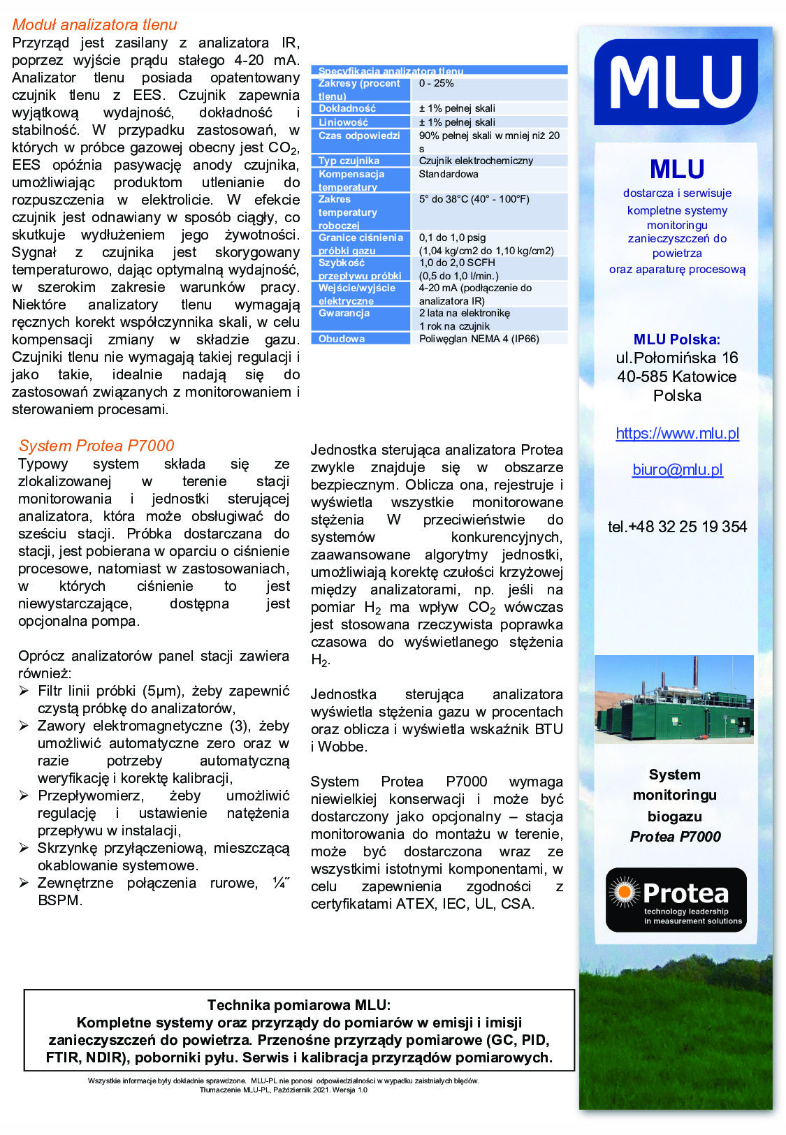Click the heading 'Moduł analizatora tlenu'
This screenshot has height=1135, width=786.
coord(94,25)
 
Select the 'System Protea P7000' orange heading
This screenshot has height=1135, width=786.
coord(96,446)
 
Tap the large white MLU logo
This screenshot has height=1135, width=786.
coord(676,82)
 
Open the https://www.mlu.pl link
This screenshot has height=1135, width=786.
coord(677,433)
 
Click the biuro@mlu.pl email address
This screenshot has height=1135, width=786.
coord(677,469)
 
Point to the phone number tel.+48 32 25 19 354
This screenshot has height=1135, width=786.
coord(677,527)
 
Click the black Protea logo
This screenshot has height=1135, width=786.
coord(676,900)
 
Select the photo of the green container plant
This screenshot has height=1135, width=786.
coord(674,699)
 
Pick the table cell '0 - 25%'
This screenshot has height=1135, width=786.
coord(437,84)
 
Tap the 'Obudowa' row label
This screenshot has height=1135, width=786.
coord(342,339)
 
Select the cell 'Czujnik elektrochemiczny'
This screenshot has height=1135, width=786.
coord(476,161)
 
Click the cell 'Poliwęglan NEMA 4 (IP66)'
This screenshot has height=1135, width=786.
coord(479,339)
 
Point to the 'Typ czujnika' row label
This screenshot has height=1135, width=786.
coord(349,161)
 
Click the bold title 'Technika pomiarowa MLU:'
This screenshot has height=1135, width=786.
coord(299,1005)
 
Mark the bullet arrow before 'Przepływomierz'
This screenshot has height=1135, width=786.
coord(24,796)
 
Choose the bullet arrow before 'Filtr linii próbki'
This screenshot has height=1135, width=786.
coord(24,691)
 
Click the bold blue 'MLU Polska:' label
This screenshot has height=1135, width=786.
coord(676,339)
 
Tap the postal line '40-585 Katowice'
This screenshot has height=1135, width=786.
coord(676,376)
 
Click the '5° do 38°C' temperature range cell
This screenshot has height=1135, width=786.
coord(474,199)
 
